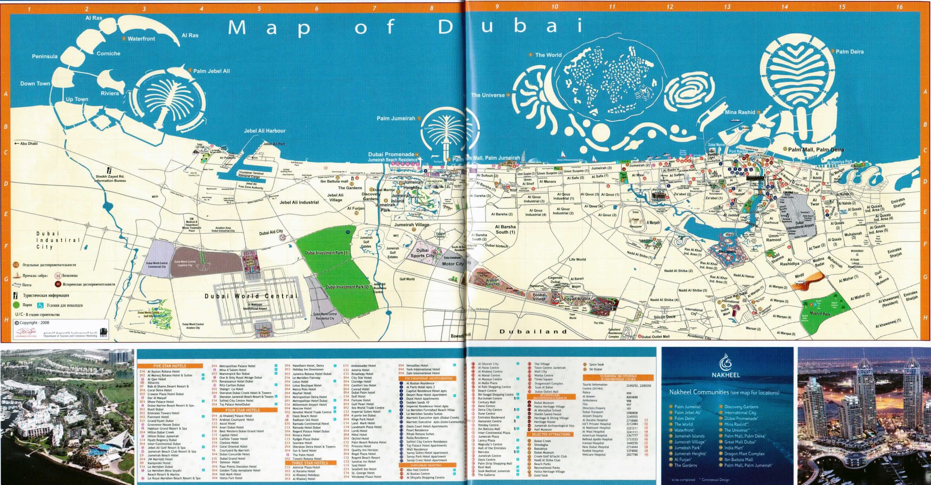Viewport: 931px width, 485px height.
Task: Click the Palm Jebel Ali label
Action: point(211,71)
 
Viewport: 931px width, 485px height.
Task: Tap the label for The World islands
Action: point(548,55)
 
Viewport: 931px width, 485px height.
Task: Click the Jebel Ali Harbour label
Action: point(265,131)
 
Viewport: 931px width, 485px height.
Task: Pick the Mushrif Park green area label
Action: point(820,314)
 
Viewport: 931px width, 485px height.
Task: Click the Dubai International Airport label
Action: point(800,226)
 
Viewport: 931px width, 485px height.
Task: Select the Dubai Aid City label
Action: point(271,232)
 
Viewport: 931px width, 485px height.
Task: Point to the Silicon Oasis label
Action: point(664,317)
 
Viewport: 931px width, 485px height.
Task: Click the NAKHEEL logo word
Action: point(726,375)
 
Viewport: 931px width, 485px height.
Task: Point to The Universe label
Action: point(488,95)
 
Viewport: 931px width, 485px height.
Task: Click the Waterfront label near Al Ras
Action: point(141,39)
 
